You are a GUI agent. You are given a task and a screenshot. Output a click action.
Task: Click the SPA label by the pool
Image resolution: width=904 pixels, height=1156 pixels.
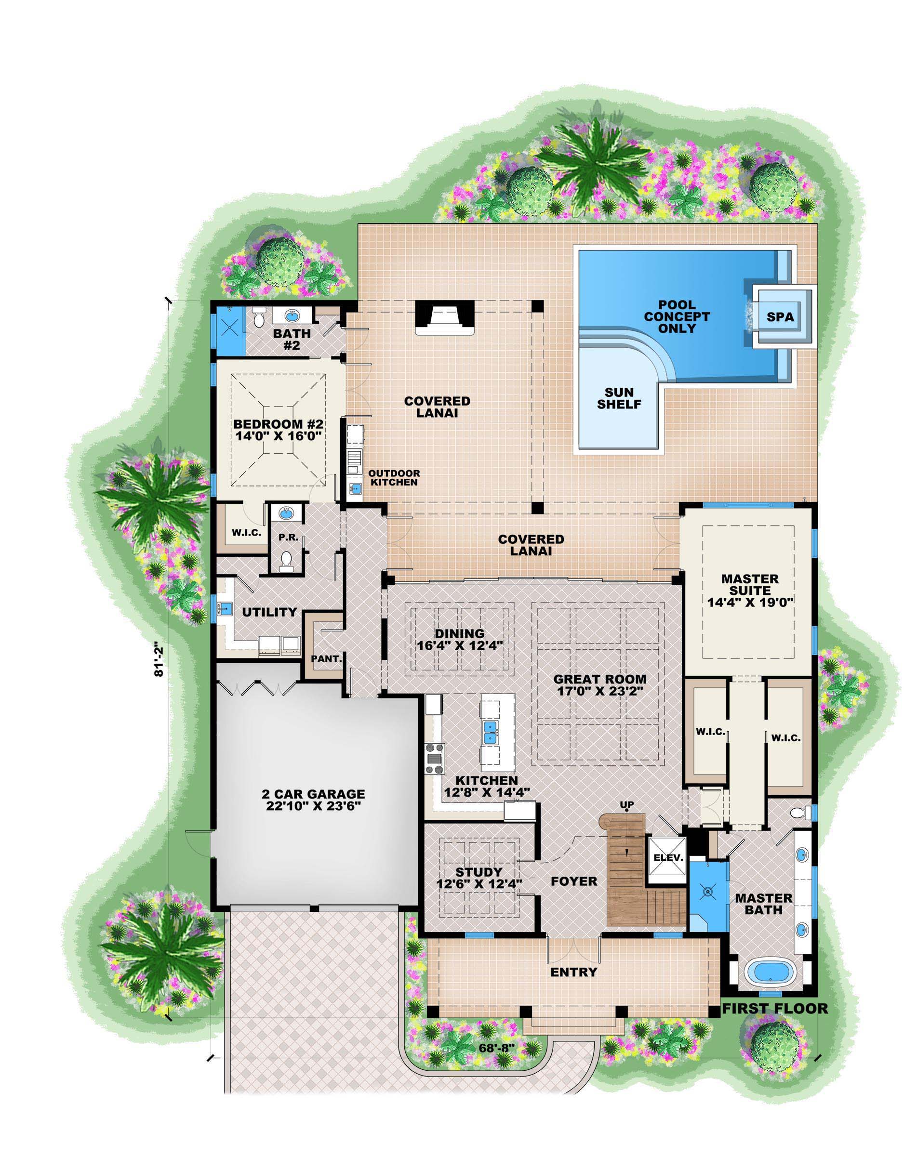[x=780, y=316]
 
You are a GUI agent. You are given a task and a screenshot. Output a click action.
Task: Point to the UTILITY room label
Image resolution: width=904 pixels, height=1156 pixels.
[x=269, y=612]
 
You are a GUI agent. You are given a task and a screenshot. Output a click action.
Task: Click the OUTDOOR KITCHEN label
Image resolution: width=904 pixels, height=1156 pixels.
[x=394, y=477]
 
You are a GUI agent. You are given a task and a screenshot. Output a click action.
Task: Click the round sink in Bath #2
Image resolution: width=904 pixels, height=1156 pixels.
[x=291, y=316]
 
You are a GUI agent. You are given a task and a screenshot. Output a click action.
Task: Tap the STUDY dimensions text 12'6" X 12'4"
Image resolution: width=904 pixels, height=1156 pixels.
[x=479, y=883]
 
